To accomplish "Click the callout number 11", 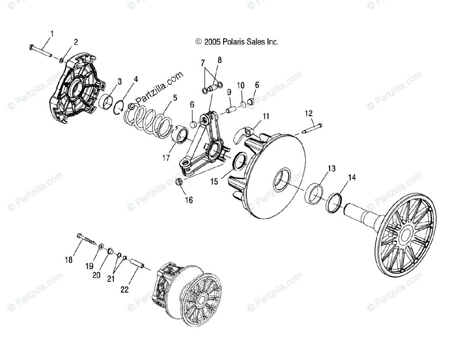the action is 266,116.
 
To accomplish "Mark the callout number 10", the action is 241,85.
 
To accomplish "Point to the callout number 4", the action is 135,80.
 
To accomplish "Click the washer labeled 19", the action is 100,246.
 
